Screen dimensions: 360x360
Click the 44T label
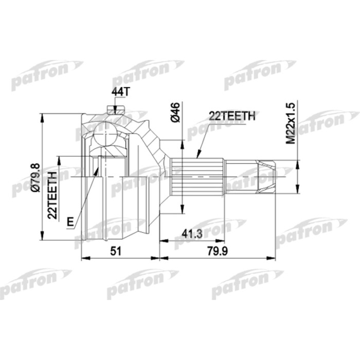[118, 92]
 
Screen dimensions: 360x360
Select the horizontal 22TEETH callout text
[231, 117]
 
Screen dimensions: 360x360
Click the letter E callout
[70, 222]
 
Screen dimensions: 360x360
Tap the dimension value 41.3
[191, 235]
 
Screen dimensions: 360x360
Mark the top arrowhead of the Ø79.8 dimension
[41, 115]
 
